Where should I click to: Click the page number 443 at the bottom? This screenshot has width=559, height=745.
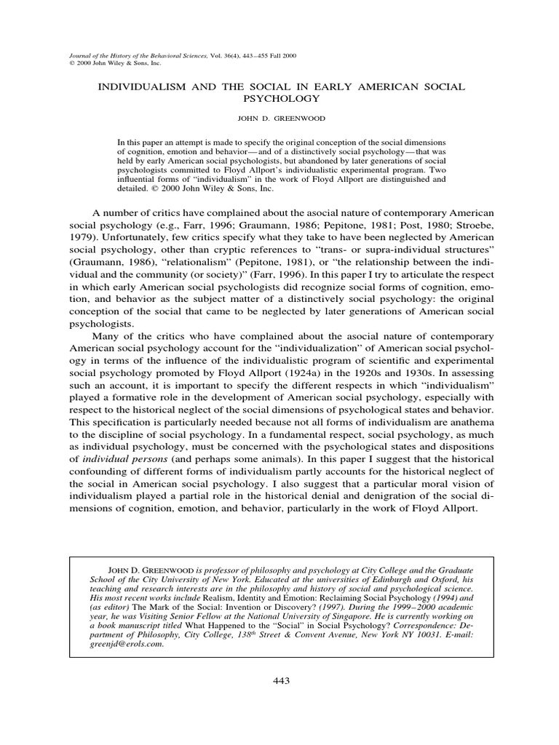tap(279, 681)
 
